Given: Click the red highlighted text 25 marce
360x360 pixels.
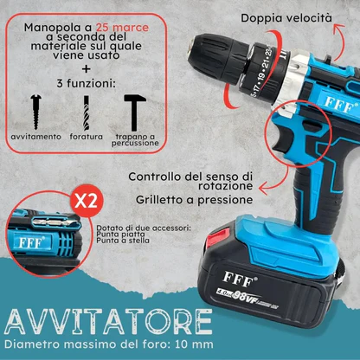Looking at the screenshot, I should tap(123, 27).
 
